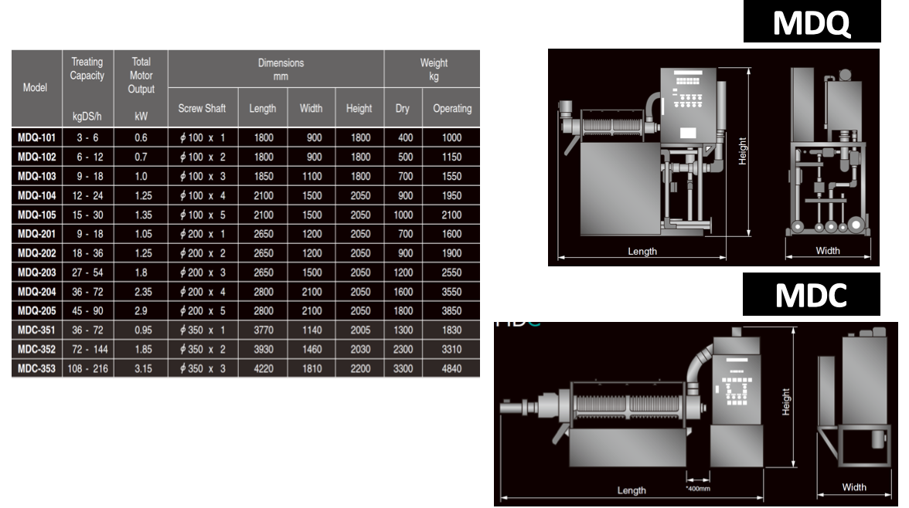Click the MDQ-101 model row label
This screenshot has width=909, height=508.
(36, 138)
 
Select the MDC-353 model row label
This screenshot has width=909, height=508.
(36, 368)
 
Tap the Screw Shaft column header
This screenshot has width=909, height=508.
(202, 108)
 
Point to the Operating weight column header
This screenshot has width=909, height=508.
(452, 108)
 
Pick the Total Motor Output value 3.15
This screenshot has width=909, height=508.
(143, 368)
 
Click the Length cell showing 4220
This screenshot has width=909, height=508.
(264, 368)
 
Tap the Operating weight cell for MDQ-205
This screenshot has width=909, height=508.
(451, 311)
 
